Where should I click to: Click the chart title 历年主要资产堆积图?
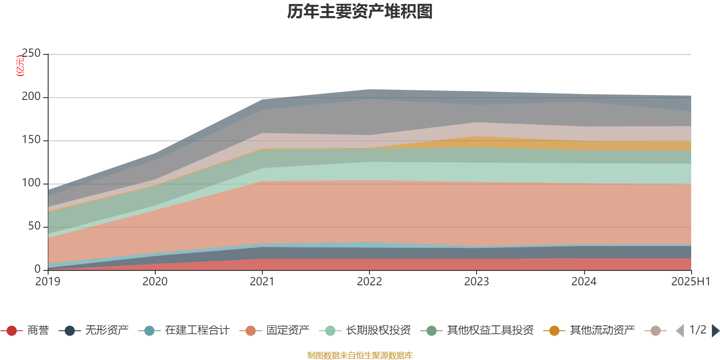(x=360, y=12)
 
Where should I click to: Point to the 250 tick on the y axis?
(x=31, y=54)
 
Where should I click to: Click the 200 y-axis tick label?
(x=31, y=97)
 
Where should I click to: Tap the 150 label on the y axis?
(x=31, y=140)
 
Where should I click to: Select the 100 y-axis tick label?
(x=31, y=183)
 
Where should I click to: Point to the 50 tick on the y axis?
(x=34, y=226)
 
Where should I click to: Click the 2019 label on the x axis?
(x=48, y=282)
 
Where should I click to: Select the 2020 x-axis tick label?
(x=155, y=282)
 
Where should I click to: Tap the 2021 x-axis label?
(x=262, y=282)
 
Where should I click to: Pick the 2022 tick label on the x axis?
(x=369, y=282)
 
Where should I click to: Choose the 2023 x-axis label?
(x=477, y=282)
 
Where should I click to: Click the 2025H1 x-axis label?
(x=690, y=282)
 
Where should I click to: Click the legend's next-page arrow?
(x=715, y=331)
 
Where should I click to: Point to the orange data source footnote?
(x=360, y=355)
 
